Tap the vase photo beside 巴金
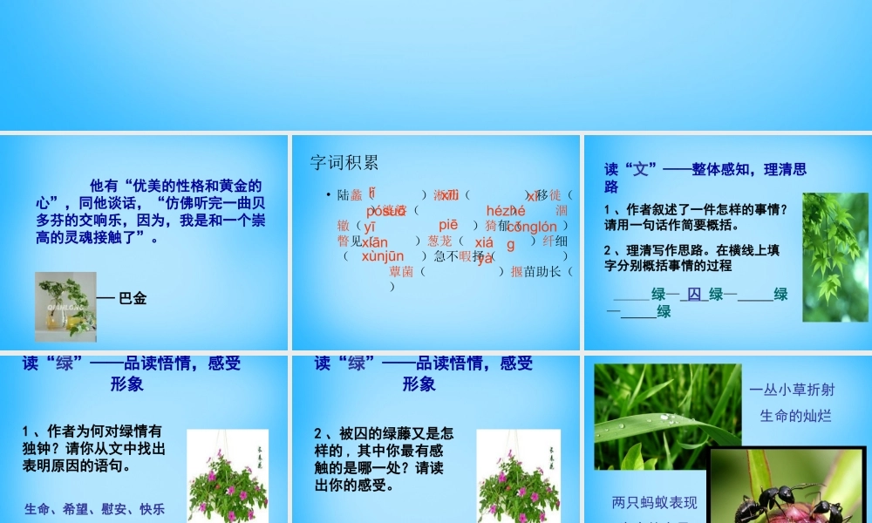65,302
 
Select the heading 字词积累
344,162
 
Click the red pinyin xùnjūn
383,256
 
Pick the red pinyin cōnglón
531,227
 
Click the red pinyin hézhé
507,210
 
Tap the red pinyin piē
448,225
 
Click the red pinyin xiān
375,241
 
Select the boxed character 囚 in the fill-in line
693,295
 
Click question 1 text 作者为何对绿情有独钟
93,448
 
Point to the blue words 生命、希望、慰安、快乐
95,509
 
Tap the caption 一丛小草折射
792,391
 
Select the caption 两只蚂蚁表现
654,503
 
